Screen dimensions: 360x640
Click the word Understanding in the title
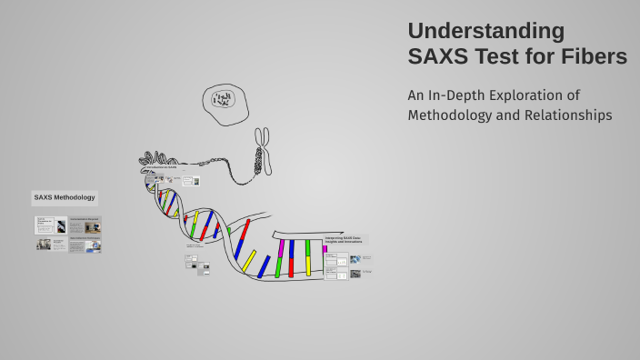485,30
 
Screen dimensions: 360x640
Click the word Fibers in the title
595,56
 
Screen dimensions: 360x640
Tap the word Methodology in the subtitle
451,115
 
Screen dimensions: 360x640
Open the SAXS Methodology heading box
64,197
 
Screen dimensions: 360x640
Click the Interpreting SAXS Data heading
345,240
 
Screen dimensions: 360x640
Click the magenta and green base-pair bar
279,258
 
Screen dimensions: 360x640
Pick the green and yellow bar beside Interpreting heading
308,257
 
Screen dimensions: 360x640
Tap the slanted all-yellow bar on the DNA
247,261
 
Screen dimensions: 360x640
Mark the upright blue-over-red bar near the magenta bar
291,258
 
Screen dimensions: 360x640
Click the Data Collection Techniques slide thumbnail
85,245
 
